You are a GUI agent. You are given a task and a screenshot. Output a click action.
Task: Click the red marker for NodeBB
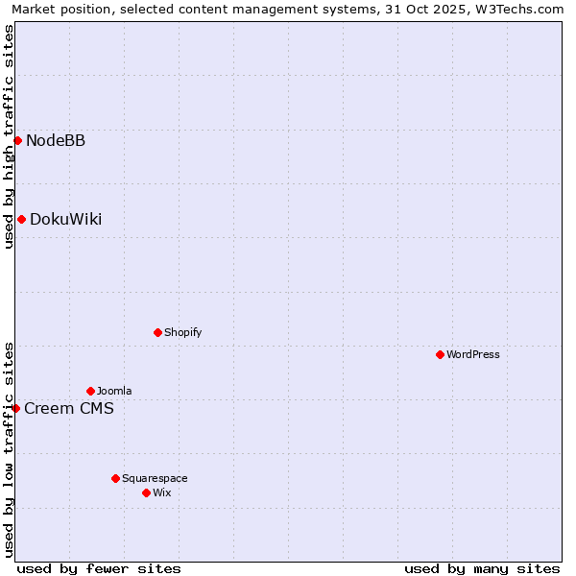[x=17, y=140]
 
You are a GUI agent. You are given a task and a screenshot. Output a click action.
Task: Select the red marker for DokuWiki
[x=21, y=219]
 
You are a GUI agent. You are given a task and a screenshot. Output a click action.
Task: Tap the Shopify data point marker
[x=157, y=332]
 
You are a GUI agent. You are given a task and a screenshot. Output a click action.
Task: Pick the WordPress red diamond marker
[x=440, y=354]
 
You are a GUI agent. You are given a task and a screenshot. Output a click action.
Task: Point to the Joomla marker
[x=90, y=391]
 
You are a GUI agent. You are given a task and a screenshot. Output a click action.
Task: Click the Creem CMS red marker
[x=15, y=408]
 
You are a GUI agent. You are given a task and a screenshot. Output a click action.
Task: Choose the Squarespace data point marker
[x=115, y=478]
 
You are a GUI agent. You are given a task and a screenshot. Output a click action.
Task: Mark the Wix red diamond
[x=146, y=492]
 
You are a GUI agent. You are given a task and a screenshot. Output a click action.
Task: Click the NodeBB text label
[x=56, y=141]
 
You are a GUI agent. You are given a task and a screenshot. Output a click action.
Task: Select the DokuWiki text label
[x=65, y=220]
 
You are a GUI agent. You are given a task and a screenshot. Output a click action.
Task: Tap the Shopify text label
[x=182, y=333]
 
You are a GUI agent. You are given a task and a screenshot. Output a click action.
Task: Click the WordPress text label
[x=472, y=355]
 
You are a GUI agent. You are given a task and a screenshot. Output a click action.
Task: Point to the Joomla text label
[x=114, y=392]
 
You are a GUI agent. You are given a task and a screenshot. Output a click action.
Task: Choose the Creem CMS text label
[x=69, y=409]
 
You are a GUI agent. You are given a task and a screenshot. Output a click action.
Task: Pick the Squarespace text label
[x=155, y=479]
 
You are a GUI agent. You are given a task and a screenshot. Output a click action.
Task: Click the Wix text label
[x=161, y=493]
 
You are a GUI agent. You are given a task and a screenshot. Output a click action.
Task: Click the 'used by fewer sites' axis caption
[x=99, y=568]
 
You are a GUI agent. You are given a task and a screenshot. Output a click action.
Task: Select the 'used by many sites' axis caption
[x=482, y=568]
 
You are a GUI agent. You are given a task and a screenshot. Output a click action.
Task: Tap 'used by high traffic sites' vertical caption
[x=10, y=136]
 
